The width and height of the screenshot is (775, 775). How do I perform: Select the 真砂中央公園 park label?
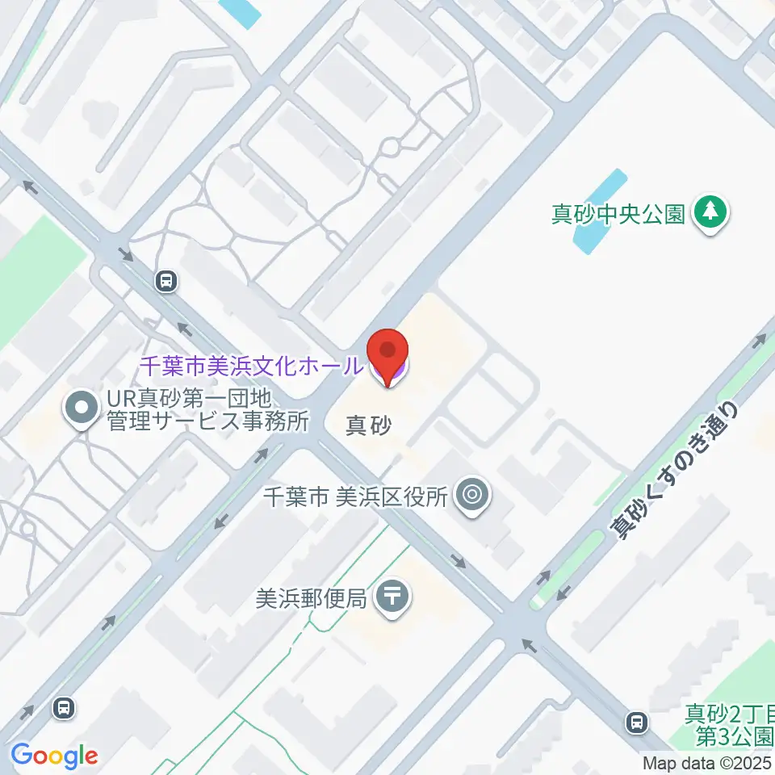pyautogui.click(x=618, y=214)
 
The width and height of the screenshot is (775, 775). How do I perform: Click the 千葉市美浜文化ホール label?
pyautogui.click(x=251, y=366)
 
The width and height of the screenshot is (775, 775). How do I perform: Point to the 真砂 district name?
pyautogui.click(x=368, y=425)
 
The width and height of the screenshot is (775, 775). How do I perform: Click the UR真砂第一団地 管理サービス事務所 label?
pyautogui.click(x=208, y=410)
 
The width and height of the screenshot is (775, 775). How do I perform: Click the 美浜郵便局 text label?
pyautogui.click(x=311, y=598)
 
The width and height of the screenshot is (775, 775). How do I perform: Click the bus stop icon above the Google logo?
pyautogui.click(x=62, y=708)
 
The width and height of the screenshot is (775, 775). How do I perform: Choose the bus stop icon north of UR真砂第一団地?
pyautogui.click(x=166, y=281)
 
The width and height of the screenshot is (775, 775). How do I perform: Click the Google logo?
pyautogui.click(x=54, y=756)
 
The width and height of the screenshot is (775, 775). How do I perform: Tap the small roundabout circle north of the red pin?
pyautogui.click(x=391, y=148)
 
